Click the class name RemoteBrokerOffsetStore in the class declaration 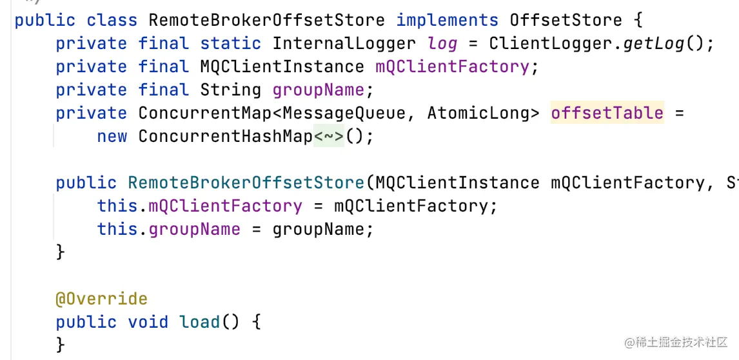(266, 20)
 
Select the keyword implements (446, 20)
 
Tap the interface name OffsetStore (566, 20)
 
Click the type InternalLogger (344, 44)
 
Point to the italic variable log (442, 44)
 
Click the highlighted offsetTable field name (607, 113)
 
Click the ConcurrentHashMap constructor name (226, 137)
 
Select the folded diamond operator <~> (329, 137)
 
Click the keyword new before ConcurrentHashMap (112, 137)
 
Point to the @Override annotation (101, 299)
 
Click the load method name (200, 322)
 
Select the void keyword (148, 322)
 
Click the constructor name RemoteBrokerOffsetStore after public (246, 183)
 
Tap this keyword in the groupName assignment (117, 229)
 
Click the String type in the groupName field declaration (231, 90)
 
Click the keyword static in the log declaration (231, 44)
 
